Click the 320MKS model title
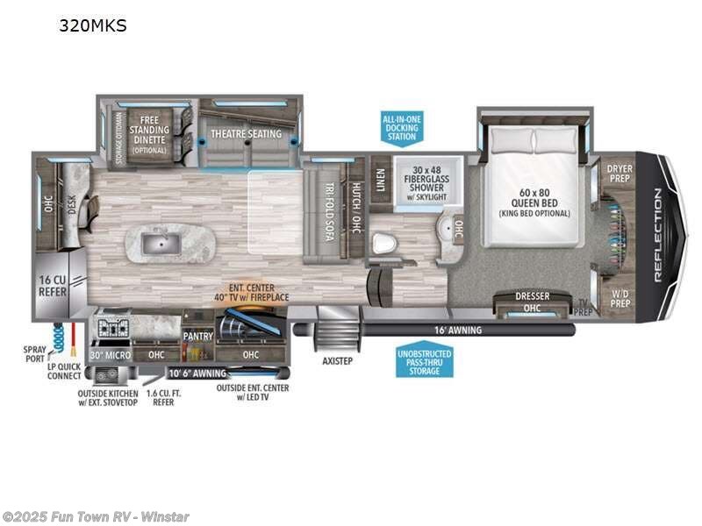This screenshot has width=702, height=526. [x=93, y=25]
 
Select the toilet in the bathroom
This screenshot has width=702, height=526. [x=383, y=244]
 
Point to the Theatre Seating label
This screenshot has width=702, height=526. [x=246, y=134]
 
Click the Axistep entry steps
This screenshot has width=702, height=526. [x=337, y=359]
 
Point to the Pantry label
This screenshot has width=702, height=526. [x=198, y=335]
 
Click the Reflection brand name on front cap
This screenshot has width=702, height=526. [x=658, y=235]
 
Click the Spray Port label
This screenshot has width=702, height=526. [x=36, y=353]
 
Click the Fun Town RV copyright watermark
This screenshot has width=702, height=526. [x=96, y=516]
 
